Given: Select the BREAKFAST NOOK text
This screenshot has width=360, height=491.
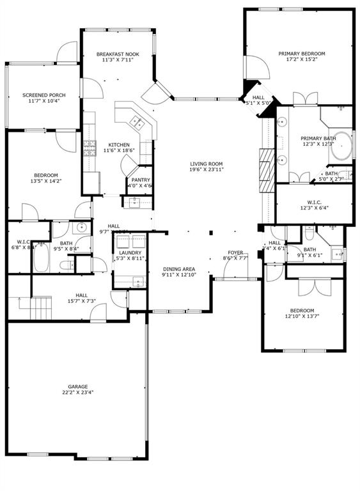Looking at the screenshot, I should (118, 54).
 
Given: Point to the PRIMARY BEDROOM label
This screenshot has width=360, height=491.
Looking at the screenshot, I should (301, 54).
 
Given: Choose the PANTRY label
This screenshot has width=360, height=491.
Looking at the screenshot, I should (141, 180).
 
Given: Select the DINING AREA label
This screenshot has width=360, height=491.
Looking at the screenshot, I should (178, 269).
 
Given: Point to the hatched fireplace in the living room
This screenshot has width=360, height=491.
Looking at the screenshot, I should (265, 166).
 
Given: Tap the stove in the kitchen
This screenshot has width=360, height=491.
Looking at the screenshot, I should (89, 149).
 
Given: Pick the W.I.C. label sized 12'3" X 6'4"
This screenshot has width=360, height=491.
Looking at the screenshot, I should (313, 201).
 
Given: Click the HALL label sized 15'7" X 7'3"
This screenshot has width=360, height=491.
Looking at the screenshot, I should (82, 295).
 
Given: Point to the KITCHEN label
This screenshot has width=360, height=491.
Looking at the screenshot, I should (119, 144).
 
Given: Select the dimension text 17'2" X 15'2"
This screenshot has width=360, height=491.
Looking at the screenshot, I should (301, 61).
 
